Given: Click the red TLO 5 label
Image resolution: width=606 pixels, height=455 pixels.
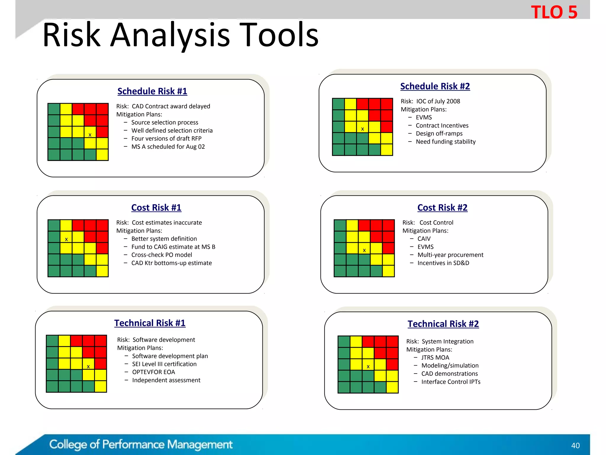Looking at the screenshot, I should point(554,12).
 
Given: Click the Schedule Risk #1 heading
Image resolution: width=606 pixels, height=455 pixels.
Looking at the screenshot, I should point(152,91).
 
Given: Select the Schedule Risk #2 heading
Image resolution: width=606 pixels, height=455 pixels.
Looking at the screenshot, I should point(435,86).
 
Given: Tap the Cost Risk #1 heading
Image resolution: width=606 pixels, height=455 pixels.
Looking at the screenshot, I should point(156,208).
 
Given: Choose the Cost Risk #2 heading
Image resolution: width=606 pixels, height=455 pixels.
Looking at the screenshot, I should point(442,208).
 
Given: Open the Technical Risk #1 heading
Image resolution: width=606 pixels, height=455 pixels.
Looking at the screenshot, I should point(150,323).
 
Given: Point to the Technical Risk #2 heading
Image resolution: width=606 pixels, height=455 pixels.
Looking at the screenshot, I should point(443,324).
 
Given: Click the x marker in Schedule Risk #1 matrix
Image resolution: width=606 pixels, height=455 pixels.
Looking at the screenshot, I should point(90,135).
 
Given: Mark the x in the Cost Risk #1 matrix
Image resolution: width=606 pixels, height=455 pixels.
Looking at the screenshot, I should point(66,239).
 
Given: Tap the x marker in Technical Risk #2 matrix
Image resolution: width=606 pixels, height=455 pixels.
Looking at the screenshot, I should point(368,366).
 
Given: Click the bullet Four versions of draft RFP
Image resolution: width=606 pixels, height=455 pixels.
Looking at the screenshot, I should point(166,139).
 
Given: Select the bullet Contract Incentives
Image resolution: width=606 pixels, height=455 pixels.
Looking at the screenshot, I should point(442,126).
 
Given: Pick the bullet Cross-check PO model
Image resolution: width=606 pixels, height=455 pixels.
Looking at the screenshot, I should point(162,255).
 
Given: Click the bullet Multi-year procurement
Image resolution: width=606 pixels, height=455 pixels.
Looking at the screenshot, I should point(450,255).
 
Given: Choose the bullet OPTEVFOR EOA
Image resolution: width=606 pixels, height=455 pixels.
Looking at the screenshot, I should point(153,372).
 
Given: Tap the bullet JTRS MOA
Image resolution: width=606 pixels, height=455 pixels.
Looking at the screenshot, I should point(435,358).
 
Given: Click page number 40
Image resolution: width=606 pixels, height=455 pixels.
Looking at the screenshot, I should point(575,446).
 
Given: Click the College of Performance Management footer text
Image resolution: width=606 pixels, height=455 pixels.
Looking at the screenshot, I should point(141,445).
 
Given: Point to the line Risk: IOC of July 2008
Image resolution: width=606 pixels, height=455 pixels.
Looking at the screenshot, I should point(430,101).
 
